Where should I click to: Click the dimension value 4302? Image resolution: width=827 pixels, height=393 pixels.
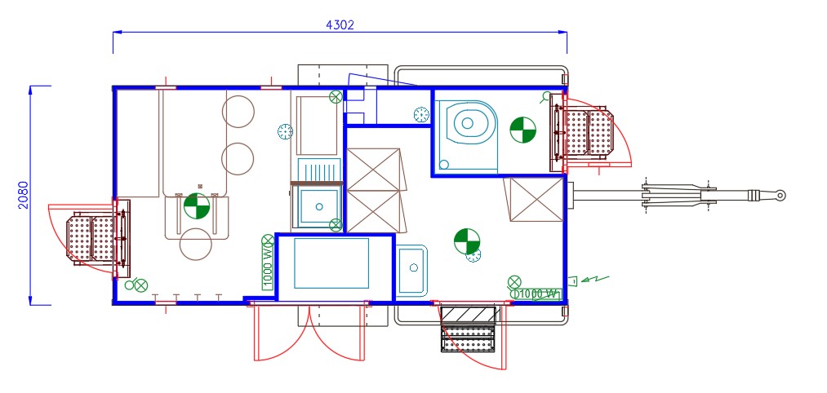[x=340, y=24]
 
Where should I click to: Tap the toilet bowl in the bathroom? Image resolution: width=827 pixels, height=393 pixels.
[x=467, y=123]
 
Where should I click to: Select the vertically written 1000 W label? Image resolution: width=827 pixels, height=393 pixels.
[x=268, y=268]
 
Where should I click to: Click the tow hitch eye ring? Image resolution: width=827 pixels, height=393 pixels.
[x=780, y=196]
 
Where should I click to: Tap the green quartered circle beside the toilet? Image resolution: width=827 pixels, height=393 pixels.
[x=522, y=130]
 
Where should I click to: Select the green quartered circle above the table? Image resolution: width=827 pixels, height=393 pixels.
[x=197, y=206]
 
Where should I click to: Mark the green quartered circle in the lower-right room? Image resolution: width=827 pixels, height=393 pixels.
[x=467, y=241]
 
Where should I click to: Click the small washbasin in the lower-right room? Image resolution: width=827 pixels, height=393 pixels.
[x=412, y=270]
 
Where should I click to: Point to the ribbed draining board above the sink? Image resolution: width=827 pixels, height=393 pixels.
[x=318, y=170]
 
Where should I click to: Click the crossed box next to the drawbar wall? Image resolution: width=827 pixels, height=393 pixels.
[x=534, y=201]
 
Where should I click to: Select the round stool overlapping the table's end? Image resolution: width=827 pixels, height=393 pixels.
[x=196, y=243]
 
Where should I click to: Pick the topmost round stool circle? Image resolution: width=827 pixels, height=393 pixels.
[x=238, y=111]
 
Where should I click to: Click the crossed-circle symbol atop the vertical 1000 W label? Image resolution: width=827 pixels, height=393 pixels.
[x=268, y=241]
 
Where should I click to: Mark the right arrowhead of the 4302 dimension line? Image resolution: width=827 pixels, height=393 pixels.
[x=563, y=32]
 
